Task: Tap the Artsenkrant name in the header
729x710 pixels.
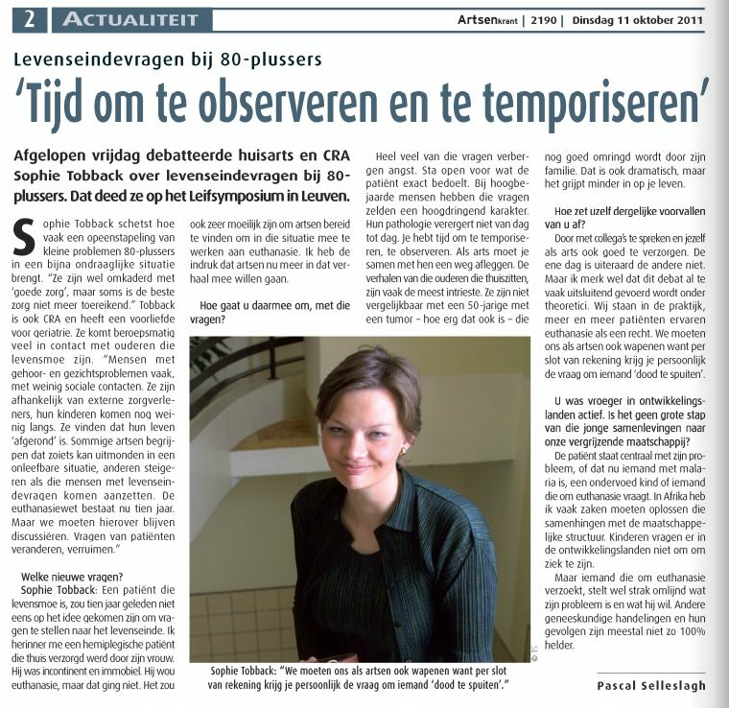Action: (x=487, y=18)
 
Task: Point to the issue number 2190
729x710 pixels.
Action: (x=540, y=18)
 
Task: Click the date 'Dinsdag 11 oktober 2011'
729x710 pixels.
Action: (x=637, y=18)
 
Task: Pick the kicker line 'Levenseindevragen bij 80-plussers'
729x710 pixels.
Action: (x=168, y=59)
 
